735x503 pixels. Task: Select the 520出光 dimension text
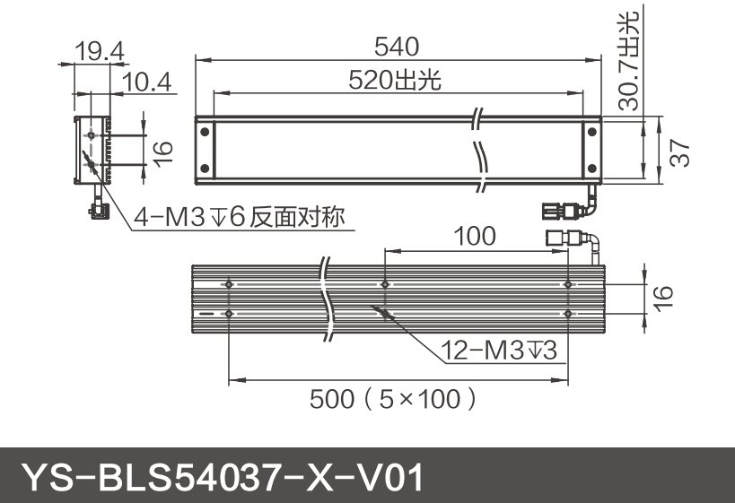[396, 80]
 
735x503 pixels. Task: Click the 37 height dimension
[684, 149]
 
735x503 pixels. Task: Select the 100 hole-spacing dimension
[473, 236]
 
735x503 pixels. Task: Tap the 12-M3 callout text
[499, 350]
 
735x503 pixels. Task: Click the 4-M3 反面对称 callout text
[239, 217]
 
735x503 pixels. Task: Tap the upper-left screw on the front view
[205, 131]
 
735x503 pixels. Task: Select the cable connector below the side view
[96, 209]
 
